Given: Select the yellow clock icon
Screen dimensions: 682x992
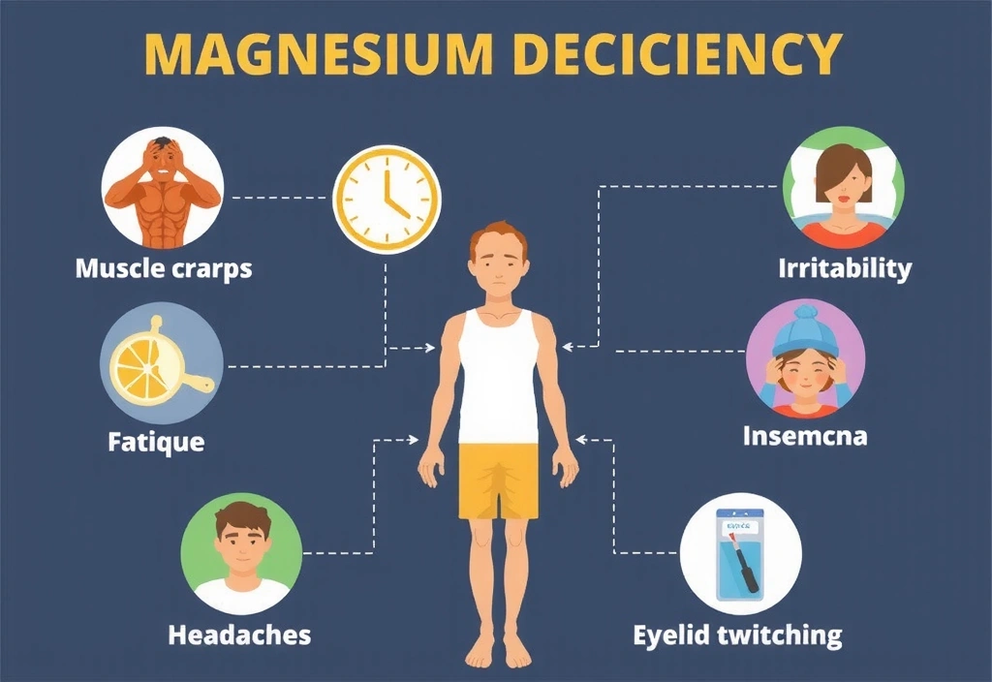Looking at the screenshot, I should (387, 200).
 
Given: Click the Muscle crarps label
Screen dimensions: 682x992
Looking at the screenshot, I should (164, 267).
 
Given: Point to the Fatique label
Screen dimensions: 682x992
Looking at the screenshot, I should (156, 443).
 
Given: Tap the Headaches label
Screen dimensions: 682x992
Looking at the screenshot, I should (239, 635).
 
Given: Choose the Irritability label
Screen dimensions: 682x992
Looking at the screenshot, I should (845, 267).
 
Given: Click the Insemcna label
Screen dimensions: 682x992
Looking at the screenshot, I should (804, 436).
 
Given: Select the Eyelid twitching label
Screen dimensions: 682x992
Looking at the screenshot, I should (737, 635).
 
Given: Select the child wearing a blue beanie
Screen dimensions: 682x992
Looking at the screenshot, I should (805, 357).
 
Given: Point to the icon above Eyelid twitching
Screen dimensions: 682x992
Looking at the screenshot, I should (739, 552).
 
